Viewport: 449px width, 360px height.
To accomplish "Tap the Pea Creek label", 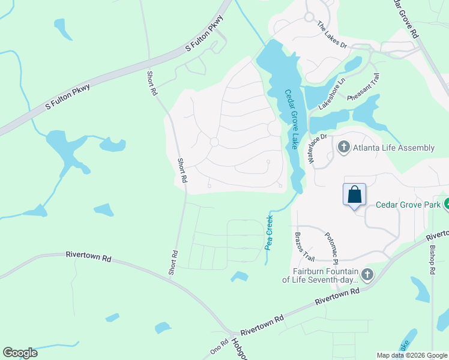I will tap(269, 232).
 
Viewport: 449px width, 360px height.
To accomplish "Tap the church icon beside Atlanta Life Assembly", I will tap(344, 147).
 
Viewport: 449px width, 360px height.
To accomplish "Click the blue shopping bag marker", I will tap(354, 195).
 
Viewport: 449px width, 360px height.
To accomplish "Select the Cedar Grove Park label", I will tap(408, 204).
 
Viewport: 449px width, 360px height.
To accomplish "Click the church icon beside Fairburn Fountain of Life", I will tap(367, 275).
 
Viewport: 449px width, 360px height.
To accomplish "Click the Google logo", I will tap(20, 353).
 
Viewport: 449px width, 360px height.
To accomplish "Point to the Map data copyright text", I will tap(411, 355).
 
